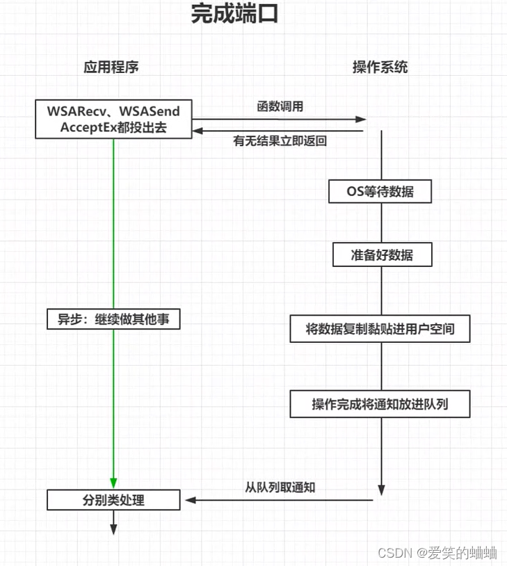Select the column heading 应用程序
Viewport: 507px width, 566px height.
[111, 67]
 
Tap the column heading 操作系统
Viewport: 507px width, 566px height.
[380, 67]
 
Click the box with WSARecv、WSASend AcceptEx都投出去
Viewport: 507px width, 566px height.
[113, 119]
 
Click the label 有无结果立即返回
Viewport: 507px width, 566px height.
[280, 141]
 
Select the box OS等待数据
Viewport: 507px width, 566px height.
[380, 191]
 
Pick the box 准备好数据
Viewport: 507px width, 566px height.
[382, 255]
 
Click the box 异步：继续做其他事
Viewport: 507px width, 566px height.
[113, 319]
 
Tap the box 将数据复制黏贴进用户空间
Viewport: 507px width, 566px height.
[380, 329]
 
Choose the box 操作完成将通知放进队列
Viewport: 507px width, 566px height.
[380, 404]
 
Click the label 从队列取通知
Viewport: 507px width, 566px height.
[280, 487]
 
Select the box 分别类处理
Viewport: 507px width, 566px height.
[113, 499]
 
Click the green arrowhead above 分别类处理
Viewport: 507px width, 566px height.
[113, 482]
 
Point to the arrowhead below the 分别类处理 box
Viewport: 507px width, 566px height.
[113, 529]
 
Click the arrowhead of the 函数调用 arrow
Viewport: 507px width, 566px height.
[360, 119]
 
